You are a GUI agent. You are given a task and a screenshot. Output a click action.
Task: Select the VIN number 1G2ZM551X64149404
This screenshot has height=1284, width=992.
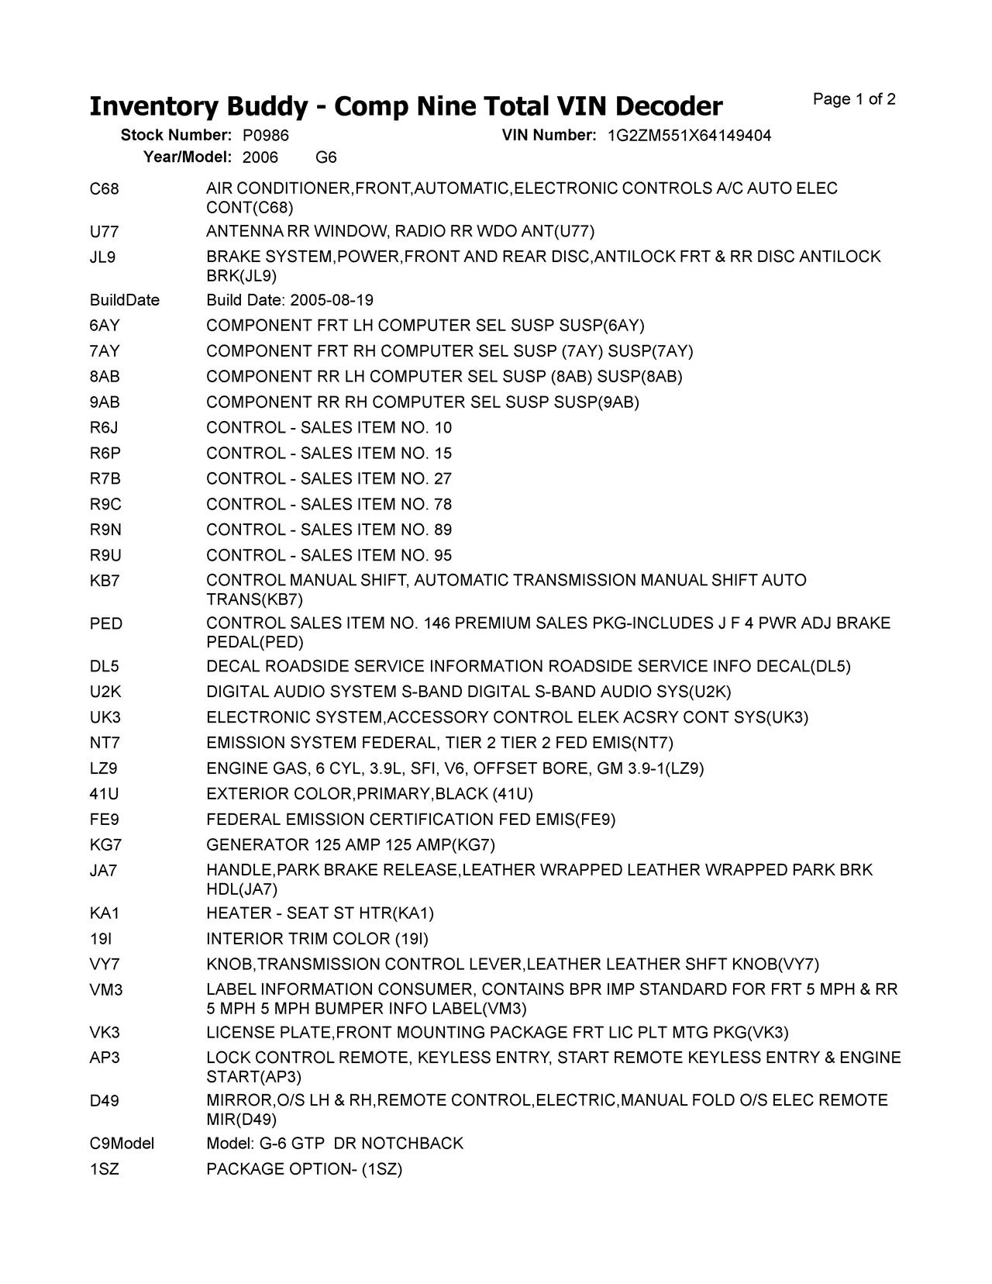coord(689,136)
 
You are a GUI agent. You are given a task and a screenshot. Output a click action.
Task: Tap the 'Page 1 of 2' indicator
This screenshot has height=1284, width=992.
coord(854,99)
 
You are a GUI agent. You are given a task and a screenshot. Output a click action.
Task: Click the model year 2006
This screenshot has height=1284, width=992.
coord(260,157)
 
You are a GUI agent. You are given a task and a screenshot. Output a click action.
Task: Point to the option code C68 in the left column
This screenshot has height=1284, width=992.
coord(105,189)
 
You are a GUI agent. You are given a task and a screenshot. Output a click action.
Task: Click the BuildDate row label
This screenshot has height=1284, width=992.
coord(124,301)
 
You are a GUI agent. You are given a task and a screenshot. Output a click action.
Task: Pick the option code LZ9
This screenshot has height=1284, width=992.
coord(104,769)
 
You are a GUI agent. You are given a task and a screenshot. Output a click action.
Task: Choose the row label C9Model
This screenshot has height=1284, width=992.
coord(122,1144)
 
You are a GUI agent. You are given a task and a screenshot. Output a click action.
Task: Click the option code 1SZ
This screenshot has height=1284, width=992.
coord(105,1169)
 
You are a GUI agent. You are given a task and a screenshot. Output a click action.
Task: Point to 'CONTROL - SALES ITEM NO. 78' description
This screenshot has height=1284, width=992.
coord(329,505)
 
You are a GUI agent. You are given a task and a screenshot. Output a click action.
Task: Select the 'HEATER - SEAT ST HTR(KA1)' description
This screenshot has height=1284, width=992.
coord(319,913)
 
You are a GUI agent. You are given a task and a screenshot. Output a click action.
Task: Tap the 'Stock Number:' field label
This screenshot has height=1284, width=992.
coord(176,136)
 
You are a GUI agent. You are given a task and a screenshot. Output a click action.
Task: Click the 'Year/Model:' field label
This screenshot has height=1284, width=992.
coord(187,157)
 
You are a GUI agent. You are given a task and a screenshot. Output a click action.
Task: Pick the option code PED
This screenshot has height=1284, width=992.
coord(105,624)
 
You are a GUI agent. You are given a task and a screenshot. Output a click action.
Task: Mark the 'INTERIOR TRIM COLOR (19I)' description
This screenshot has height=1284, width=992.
coord(317,939)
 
